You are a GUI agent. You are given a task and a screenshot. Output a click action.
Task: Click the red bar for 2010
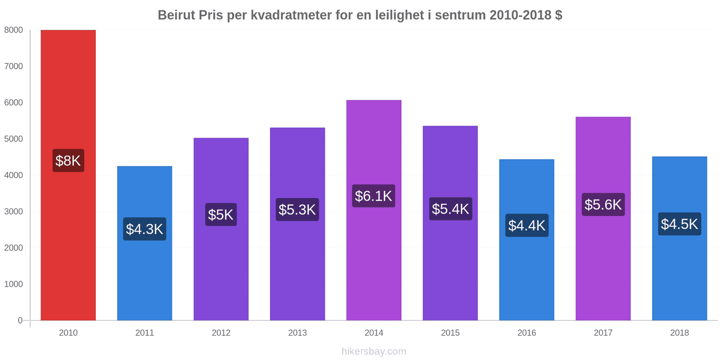coord(68,175)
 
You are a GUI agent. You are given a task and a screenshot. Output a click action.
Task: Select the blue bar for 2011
coord(144,243)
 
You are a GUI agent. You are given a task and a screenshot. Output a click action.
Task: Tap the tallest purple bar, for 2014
coord(374,210)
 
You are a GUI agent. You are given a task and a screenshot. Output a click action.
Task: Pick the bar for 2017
coord(603,219)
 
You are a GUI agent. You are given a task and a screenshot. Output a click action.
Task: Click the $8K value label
coord(68,160)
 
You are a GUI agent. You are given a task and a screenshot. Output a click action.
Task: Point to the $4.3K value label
coord(144,229)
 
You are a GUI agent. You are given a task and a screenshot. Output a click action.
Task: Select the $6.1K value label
coord(373,196)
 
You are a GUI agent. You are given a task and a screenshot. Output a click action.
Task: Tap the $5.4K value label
coord(450,209)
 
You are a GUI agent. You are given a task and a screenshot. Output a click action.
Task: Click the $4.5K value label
coord(679,224)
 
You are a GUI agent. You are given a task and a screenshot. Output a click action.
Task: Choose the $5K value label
coord(221,214)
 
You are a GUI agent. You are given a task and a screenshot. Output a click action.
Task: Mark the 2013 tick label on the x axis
coord(297,333)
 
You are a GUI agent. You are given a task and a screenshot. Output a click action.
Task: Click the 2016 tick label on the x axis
coord(526,333)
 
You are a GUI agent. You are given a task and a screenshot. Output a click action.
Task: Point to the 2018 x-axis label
coord(679,333)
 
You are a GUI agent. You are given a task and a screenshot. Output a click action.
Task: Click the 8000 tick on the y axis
coord(13,30)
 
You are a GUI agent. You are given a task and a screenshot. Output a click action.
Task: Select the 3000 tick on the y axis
coord(13,211)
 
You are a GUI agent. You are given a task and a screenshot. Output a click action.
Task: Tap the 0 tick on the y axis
coord(20,320)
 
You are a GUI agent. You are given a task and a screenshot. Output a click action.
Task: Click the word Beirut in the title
coord(176,15)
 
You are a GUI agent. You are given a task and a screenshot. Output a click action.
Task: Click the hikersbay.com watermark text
coord(374,351)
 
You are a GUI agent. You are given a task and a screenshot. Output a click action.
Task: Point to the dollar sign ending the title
coord(558,15)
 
